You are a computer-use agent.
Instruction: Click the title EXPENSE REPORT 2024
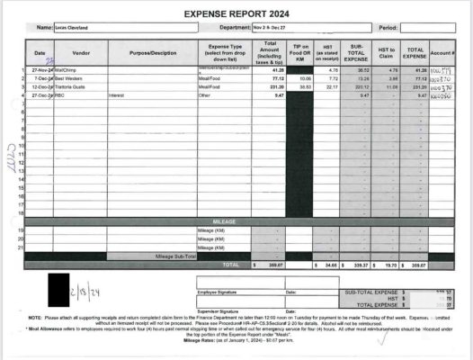tap(237, 14)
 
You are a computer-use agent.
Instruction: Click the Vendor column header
tap(81, 52)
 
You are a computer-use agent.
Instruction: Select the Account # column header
tap(442, 52)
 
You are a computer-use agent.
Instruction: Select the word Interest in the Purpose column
tap(115, 94)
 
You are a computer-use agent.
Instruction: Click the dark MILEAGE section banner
tap(224, 220)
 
